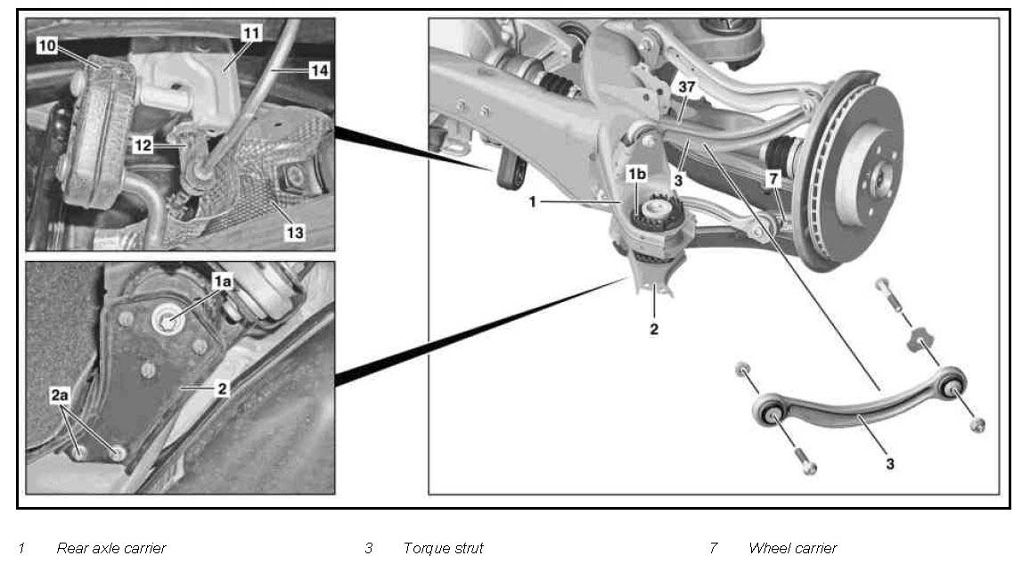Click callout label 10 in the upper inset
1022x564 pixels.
pos(47,45)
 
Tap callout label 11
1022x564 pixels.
pos(251,33)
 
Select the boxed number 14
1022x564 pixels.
pos(319,69)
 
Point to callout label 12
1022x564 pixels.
pos(143,145)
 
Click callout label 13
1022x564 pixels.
pos(295,233)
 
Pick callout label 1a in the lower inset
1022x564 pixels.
pos(222,281)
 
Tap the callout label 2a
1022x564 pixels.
pos(60,395)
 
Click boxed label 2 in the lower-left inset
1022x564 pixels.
pos(222,388)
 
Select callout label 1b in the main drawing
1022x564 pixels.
pos(637,174)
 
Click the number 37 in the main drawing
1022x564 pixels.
pos(687,86)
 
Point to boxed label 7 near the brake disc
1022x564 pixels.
pos(773,178)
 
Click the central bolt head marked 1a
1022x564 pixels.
pos(167,321)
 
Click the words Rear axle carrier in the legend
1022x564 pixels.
pos(111,548)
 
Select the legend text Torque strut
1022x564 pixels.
pos(444,548)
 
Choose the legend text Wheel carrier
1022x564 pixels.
pos(793,548)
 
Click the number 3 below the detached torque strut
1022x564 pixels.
pos(890,464)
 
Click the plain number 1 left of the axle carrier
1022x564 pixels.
pos(532,202)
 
